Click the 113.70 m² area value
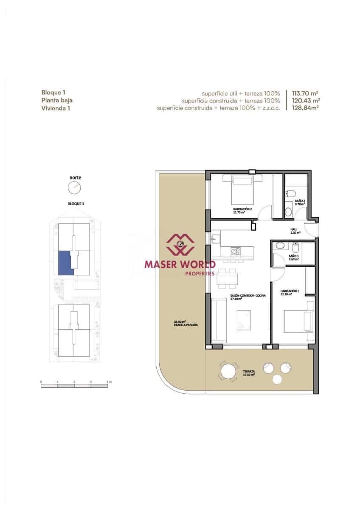coord(305,93)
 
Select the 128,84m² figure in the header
coord(305,108)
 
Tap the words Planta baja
coord(57,101)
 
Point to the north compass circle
coord(74,187)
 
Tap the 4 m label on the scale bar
coord(109,382)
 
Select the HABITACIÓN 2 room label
coord(242,209)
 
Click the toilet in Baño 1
coord(296,247)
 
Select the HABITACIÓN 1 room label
coord(290,291)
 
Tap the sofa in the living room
coord(219,320)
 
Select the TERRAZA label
coord(249,372)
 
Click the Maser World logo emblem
coord(180,245)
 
